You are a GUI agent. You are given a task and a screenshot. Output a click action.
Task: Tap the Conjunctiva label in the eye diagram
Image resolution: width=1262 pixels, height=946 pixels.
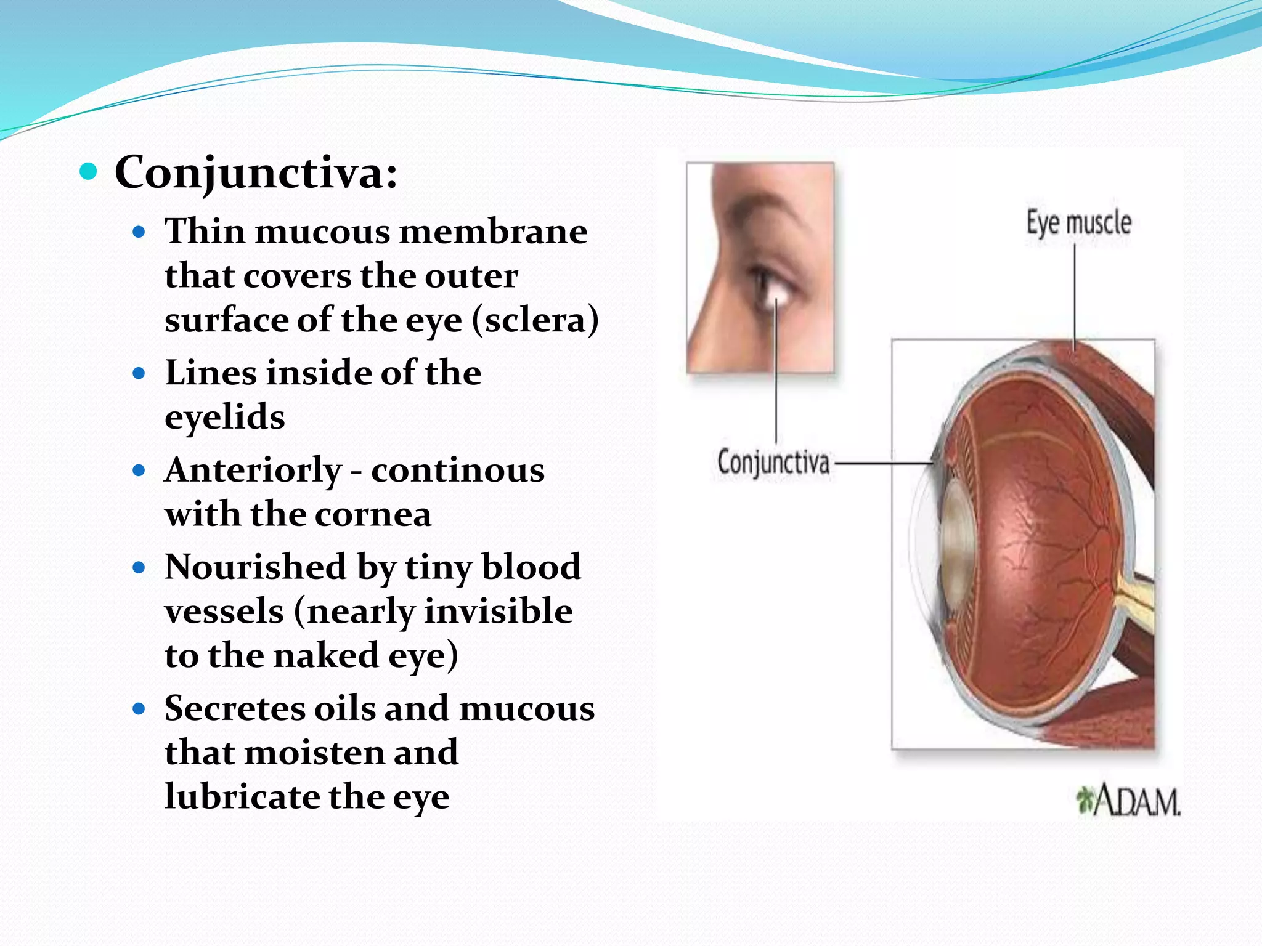point(773,462)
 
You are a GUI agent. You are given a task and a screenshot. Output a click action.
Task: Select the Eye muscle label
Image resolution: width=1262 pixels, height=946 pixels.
point(1078,223)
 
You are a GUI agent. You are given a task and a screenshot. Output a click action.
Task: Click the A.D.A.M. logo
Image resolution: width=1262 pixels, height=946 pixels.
point(1129,801)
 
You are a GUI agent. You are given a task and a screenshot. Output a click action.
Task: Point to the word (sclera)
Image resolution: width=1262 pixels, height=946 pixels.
point(535,320)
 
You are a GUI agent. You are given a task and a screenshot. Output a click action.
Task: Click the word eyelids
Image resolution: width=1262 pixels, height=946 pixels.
point(225,418)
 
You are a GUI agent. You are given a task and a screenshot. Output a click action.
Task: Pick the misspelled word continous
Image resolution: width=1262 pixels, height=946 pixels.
point(458,471)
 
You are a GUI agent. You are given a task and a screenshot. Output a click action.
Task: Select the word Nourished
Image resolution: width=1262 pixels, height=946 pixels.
point(255,567)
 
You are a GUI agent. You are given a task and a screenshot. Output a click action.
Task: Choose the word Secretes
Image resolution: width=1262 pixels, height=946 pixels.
point(234,708)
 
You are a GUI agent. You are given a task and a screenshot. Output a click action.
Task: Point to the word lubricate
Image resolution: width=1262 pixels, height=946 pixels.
point(242,797)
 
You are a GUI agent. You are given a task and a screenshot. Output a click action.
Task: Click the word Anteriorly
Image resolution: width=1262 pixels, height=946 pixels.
point(253,471)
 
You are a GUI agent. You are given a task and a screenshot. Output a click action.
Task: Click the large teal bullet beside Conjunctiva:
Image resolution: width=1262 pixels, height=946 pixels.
point(89,172)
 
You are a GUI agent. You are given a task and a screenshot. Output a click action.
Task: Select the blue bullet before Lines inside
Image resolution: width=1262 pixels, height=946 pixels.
point(139,373)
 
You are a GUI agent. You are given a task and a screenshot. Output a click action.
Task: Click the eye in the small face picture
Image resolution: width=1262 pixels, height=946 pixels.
point(770,286)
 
